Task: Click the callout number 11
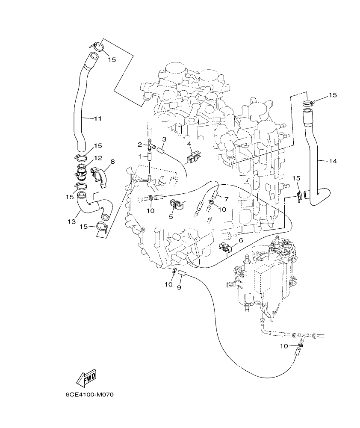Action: (97, 118)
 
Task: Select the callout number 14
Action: (333, 161)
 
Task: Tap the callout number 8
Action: (112, 162)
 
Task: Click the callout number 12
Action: (98, 158)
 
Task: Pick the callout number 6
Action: (241, 241)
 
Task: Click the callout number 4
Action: (189, 144)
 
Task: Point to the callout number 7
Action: (227, 199)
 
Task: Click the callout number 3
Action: (164, 139)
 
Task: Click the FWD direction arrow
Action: (86, 378)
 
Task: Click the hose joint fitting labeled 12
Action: (82, 173)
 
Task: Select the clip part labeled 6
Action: (225, 247)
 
